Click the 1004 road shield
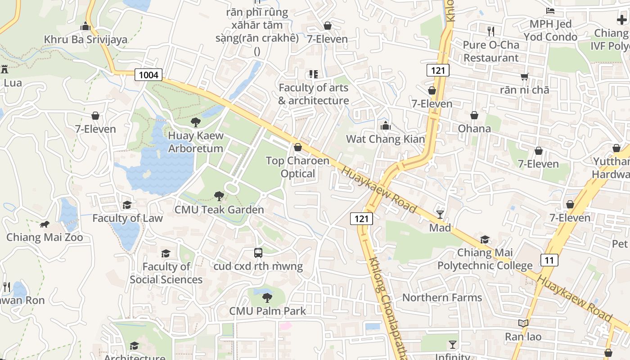pos(148,75)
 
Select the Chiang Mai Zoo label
pos(45,237)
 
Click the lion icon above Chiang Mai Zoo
pos(44,224)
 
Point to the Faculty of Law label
pos(127,218)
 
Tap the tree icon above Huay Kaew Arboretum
pos(195,122)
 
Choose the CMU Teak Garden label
pos(219,210)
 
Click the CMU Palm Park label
pos(267,311)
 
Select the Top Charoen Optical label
pos(297,167)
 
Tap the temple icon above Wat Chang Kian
pos(385,126)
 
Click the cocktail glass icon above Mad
pos(440,215)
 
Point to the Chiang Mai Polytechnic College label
pos(485,259)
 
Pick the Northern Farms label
pos(442,297)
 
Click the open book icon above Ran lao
pos(523,324)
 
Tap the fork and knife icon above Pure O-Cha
pos(491,31)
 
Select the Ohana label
pos(474,129)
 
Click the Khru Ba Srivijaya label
pos(85,40)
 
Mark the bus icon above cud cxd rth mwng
pos(258,253)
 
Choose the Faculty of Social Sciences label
pos(166,273)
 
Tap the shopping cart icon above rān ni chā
pos(524,77)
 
